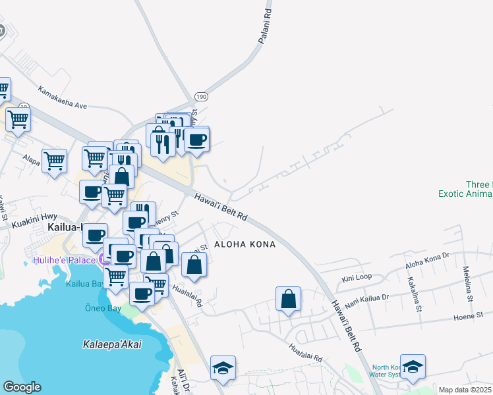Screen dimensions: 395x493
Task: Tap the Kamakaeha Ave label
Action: click(63, 96)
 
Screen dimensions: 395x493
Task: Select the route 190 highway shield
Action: click(201, 97)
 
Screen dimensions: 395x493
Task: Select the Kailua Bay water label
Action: click(83, 284)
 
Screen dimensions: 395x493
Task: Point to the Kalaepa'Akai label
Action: click(112, 344)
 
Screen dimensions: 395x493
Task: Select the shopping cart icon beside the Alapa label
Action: click(54, 160)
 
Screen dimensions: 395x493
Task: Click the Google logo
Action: click(22, 387)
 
